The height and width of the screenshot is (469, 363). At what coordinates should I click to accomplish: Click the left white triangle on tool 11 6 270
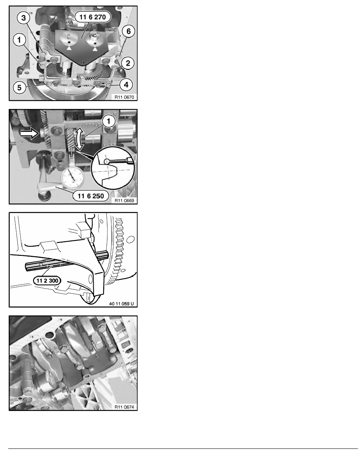[x=70, y=48]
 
